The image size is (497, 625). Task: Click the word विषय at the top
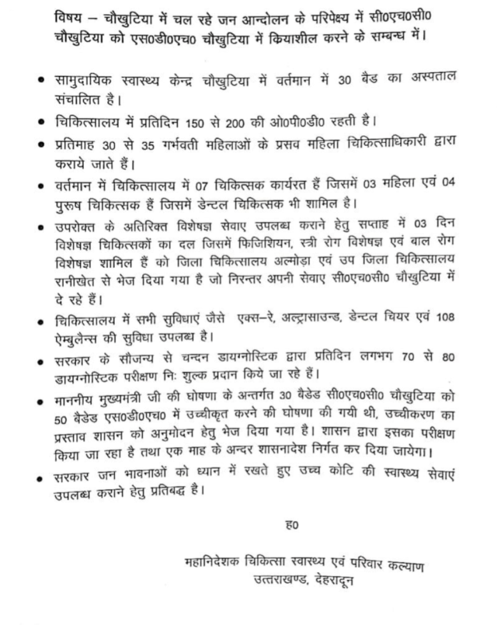coord(68,18)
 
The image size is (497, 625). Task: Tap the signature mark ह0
coord(292,526)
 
